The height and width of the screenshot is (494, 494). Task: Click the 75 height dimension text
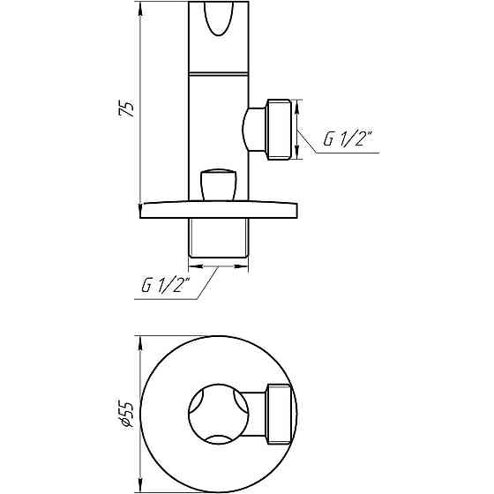click(128, 109)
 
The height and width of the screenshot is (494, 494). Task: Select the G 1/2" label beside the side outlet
click(348, 139)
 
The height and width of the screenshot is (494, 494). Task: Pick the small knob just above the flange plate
click(218, 184)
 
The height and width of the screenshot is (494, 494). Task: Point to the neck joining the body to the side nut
click(253, 128)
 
